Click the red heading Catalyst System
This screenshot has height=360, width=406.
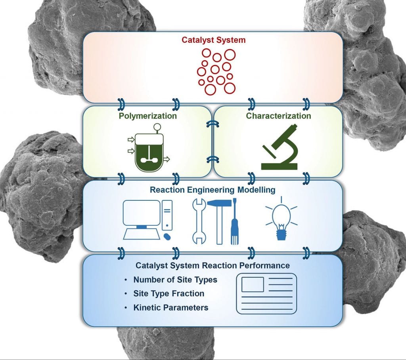coord(213,40)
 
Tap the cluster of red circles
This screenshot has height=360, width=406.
coord(216,71)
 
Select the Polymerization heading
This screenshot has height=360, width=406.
coord(147,116)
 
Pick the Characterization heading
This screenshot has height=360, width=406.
coord(278,116)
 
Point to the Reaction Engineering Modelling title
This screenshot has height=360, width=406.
coord(212,190)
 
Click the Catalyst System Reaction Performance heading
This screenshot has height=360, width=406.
coord(213,265)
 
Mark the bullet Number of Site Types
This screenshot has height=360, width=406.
coord(175,280)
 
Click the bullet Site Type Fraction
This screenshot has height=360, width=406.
coord(169,293)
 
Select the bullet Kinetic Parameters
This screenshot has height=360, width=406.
coord(170,307)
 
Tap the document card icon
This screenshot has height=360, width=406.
coord(266,293)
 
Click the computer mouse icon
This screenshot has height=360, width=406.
coord(167,236)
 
